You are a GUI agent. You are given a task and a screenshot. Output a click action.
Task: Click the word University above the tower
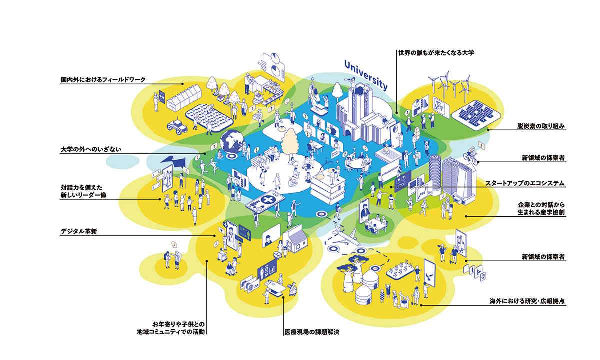coord(366,75)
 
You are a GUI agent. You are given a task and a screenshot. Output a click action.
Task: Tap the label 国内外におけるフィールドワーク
coord(103,80)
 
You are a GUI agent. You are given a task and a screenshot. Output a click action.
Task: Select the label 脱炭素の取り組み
coord(541,126)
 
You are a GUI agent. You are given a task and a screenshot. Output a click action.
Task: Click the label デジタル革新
coord(79,231)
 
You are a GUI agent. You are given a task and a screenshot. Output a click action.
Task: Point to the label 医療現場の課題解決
coord(312,332)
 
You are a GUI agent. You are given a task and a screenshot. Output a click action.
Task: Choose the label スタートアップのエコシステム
coord(525,183)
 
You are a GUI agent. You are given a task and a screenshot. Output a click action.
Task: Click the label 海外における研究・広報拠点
coord(527,301)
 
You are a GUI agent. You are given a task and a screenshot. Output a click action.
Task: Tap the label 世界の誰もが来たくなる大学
coord(436,53)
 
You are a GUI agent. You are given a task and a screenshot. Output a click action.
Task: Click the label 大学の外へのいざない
coord(91,149)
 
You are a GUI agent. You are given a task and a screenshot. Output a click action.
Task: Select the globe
coord(232,141)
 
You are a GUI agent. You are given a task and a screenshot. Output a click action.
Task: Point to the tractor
coord(177,126)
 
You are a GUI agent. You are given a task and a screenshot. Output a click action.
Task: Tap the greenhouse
coord(184,98)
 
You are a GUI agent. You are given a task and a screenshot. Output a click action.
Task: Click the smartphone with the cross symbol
coord(265,201)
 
